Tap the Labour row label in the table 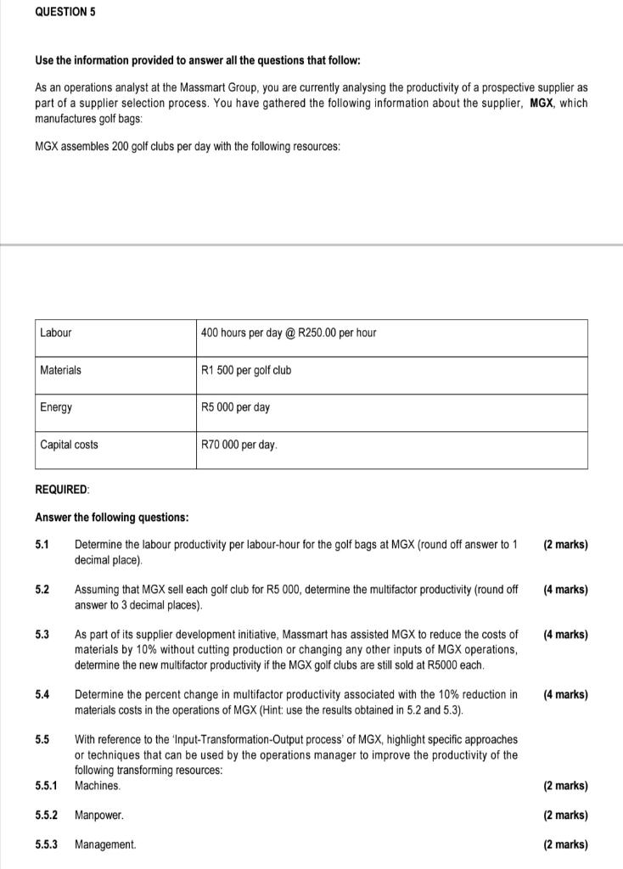pos(56,333)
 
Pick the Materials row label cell pos(61,370)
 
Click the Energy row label pos(56,407)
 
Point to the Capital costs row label pos(69,445)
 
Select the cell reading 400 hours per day pos(289,333)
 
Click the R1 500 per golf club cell pos(246,370)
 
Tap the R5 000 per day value pos(235,407)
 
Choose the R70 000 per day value pos(239,445)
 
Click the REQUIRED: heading pos(62,490)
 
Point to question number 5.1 pos(42,545)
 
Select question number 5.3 pos(42,635)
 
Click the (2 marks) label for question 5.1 pos(564,545)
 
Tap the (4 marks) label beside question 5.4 pos(564,694)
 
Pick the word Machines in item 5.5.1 pos(98,786)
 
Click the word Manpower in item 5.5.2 pos(99,816)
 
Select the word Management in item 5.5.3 pos(105,844)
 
